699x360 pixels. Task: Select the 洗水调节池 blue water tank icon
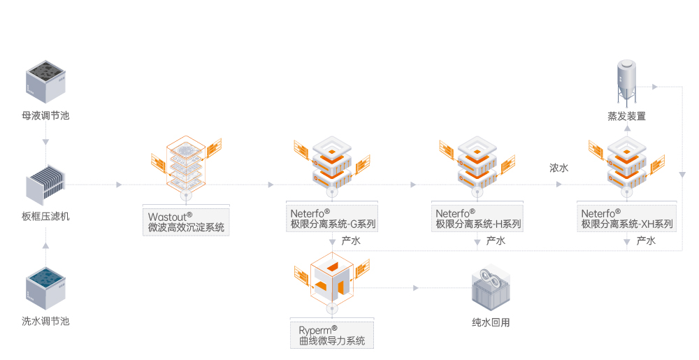tap(45, 287)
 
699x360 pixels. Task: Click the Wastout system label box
tap(186, 220)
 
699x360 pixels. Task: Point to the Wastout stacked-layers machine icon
tap(186, 163)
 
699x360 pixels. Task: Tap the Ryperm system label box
tap(332, 335)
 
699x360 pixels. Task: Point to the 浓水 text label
tap(559, 168)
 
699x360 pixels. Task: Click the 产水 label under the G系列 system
tap(350, 241)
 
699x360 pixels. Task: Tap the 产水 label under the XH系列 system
tap(646, 241)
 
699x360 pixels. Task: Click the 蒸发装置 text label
tap(626, 116)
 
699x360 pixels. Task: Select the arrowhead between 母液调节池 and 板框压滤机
tap(45, 142)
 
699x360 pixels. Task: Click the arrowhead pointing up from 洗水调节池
tap(45, 245)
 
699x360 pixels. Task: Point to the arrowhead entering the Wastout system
tap(119, 185)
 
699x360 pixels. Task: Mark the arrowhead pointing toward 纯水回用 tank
tap(415, 287)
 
